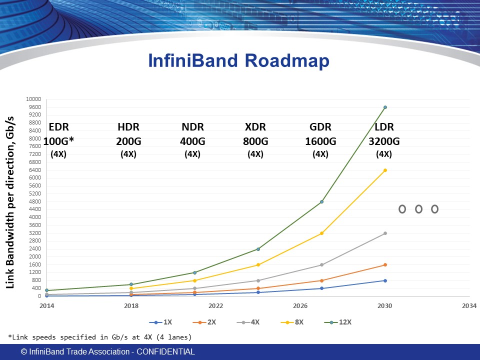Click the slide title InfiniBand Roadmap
pyautogui.click(x=239, y=61)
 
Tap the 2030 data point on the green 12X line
pyautogui.click(x=385, y=107)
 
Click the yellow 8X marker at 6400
pyautogui.click(x=385, y=170)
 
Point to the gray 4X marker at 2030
pyautogui.click(x=385, y=233)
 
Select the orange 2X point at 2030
pyautogui.click(x=385, y=264)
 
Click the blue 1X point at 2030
pyautogui.click(x=385, y=280)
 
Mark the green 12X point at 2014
pyautogui.click(x=46, y=290)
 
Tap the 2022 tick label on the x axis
pyautogui.click(x=215, y=305)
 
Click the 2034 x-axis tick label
pyautogui.click(x=469, y=305)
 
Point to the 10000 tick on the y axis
pyautogui.click(x=34, y=99)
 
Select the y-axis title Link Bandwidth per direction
pyautogui.click(x=10, y=202)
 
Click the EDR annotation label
pyautogui.click(x=58, y=127)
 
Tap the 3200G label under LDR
pyautogui.click(x=384, y=141)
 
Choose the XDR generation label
pyautogui.click(x=255, y=127)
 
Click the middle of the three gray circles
pyautogui.click(x=418, y=209)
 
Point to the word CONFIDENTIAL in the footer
pyautogui.click(x=165, y=352)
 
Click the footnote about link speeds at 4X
pyautogui.click(x=99, y=337)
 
